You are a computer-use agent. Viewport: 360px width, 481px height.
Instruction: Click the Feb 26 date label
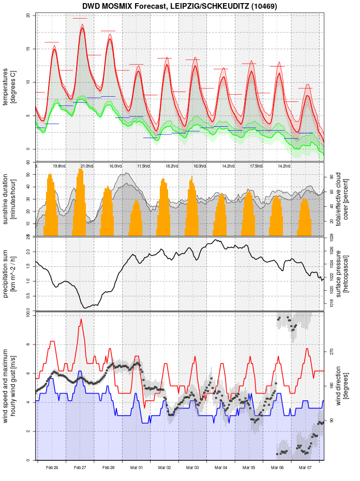(x=52, y=468)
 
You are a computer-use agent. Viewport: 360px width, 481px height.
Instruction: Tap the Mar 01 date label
(x=137, y=468)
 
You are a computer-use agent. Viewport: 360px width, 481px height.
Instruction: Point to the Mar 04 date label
(x=221, y=468)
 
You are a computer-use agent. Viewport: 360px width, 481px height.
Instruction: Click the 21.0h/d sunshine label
(x=87, y=166)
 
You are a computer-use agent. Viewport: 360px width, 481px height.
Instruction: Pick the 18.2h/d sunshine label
(x=172, y=166)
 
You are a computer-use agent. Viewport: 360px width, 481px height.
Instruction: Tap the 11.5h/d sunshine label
(x=144, y=166)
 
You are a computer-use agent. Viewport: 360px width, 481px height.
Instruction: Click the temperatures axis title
(x=10, y=82)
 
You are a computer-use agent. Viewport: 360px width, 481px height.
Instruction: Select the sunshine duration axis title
(x=10, y=199)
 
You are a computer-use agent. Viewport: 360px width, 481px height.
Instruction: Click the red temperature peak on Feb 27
(x=82, y=28)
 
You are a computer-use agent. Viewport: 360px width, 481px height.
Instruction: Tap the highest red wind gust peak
(x=81, y=320)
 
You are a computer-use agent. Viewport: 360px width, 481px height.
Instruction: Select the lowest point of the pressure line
(x=85, y=308)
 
